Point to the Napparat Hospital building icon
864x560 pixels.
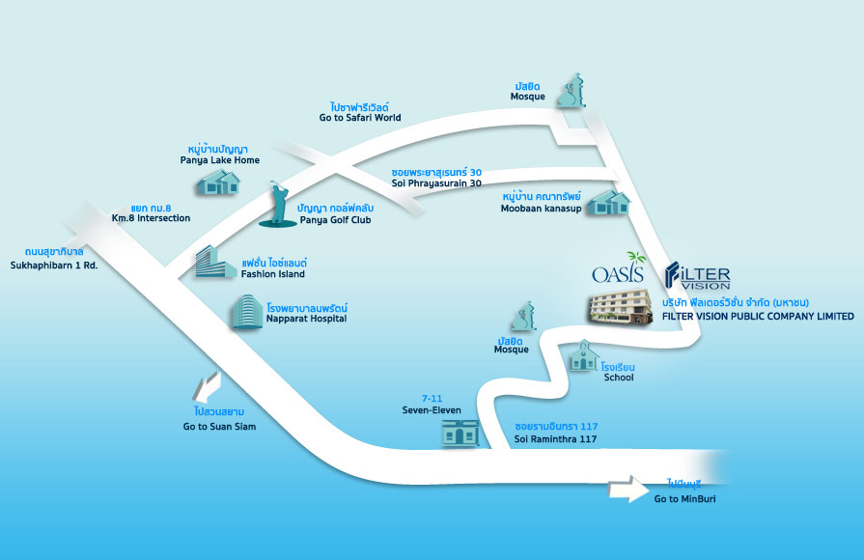coord(244,312)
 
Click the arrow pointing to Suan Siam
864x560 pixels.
coord(205,388)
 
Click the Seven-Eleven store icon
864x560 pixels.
coord(460,432)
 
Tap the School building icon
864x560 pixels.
coord(583,357)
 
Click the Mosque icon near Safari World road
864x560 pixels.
coord(572,91)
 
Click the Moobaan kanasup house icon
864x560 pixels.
coord(611,202)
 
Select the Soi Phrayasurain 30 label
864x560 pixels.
coord(436,178)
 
